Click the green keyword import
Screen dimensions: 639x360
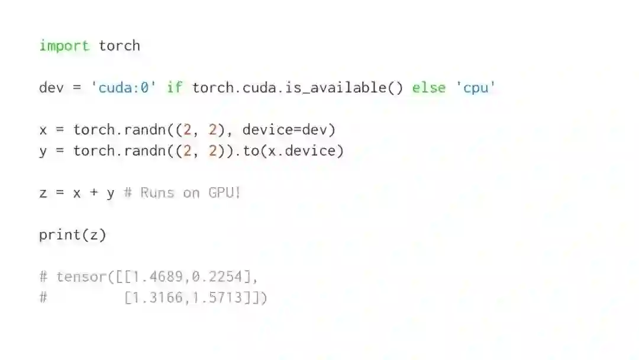click(64, 46)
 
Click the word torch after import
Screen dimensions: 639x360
click(120, 46)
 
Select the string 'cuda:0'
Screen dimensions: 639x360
click(124, 88)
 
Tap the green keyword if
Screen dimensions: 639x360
click(175, 88)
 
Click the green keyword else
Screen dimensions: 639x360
click(429, 88)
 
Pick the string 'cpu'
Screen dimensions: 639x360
click(475, 88)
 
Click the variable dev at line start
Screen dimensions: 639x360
click(51, 88)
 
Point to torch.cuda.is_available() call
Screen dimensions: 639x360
click(298, 88)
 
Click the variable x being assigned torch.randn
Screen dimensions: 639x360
click(43, 130)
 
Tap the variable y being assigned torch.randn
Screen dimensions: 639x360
click(43, 152)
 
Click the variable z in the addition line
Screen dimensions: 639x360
click(43, 193)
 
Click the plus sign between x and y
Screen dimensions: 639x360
click(93, 193)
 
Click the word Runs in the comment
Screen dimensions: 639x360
click(157, 193)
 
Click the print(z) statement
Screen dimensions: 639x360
click(73, 235)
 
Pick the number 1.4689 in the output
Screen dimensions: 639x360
click(162, 277)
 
